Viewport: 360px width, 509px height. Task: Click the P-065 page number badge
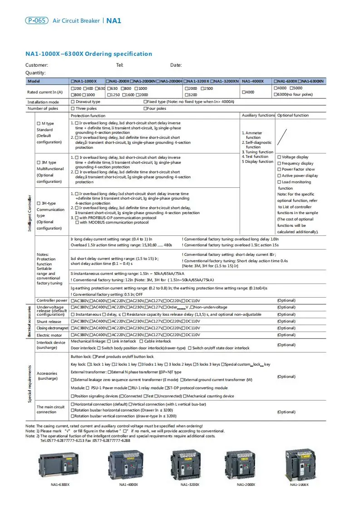36,20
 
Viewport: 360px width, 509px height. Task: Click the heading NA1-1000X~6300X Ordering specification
89,54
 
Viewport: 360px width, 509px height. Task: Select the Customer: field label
37,65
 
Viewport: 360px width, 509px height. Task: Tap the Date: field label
176,65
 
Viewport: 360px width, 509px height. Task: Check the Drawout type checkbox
73,102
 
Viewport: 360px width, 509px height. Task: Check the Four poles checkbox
145,109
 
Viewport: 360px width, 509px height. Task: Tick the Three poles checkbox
73,109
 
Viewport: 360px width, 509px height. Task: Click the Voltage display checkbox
279,157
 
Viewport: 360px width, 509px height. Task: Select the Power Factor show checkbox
279,169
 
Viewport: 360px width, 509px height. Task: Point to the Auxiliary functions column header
258,116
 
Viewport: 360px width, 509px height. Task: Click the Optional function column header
293,116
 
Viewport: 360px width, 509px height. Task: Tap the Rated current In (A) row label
45,92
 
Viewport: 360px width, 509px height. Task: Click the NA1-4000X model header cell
252,81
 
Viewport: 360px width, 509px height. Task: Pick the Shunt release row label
49,322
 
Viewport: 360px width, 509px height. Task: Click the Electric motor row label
49,335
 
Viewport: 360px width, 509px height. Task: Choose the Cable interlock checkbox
141,341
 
